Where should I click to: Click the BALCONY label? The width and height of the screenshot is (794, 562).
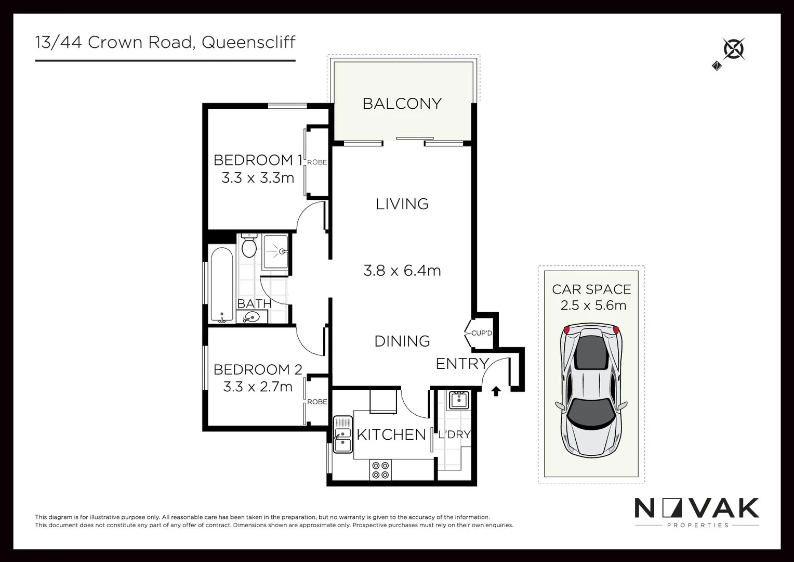click(x=402, y=104)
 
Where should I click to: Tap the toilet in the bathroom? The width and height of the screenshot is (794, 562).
click(x=249, y=246)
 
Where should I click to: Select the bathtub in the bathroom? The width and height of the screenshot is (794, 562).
click(x=222, y=284)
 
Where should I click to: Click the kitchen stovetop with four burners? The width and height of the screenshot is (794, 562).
click(x=380, y=470)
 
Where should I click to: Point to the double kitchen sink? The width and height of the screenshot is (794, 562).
click(x=342, y=434)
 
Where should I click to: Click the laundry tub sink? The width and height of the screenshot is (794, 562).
click(x=458, y=400)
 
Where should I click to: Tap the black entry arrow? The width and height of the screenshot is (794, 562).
click(x=496, y=391)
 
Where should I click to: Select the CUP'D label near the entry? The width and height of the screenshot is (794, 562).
click(x=481, y=333)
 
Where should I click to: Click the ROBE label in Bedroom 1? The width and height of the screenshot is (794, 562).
click(x=317, y=162)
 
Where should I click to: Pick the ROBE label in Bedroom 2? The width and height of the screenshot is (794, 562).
click(x=317, y=402)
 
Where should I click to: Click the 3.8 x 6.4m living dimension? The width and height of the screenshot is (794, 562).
click(x=402, y=271)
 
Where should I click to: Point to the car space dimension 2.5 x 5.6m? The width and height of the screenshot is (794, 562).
click(x=593, y=305)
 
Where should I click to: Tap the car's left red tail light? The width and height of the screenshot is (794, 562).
click(x=567, y=329)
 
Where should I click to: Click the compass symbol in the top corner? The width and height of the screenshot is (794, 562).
click(x=733, y=50)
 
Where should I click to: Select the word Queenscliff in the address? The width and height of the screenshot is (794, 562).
click(x=248, y=42)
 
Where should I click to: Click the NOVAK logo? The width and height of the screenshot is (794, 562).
click(x=696, y=509)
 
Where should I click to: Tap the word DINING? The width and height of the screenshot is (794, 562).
click(x=402, y=341)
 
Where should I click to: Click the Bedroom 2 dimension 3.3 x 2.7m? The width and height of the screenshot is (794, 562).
click(x=258, y=387)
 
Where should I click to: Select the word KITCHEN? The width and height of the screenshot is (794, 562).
click(x=391, y=435)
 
